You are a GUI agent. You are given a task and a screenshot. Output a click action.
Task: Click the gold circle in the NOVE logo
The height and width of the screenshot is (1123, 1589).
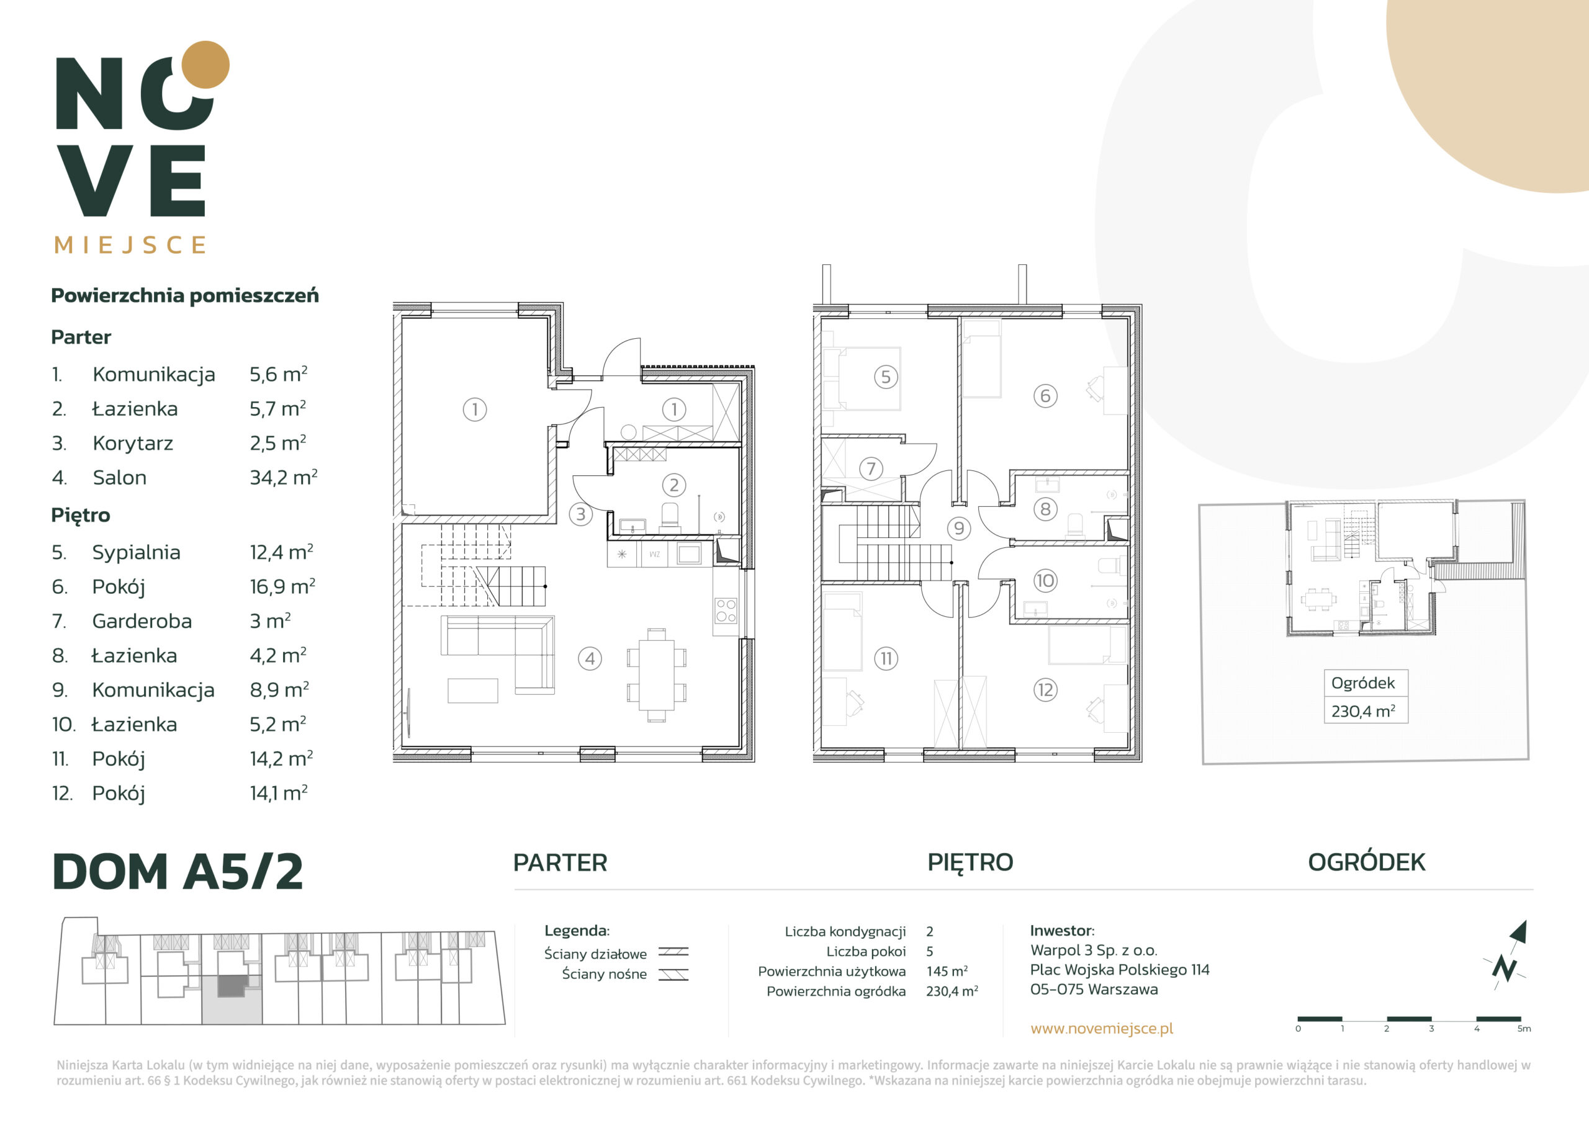(x=205, y=65)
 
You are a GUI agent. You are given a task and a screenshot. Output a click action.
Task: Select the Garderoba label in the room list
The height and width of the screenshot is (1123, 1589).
(x=142, y=620)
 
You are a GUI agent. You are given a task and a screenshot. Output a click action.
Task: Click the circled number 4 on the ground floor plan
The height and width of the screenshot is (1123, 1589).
(x=590, y=658)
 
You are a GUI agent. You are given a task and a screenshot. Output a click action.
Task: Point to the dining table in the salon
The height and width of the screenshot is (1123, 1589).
(x=657, y=674)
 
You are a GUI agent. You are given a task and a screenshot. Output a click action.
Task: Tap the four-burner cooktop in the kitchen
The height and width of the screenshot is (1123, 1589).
(x=726, y=611)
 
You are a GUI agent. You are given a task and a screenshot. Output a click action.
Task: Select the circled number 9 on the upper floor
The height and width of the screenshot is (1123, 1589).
(x=958, y=529)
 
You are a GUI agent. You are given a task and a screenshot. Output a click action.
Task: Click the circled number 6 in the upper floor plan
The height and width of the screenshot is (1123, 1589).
(x=1045, y=396)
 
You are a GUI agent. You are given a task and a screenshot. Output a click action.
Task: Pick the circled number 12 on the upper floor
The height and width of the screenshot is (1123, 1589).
(x=1045, y=689)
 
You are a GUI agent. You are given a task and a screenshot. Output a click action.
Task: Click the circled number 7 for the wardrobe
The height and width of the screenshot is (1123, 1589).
(x=871, y=468)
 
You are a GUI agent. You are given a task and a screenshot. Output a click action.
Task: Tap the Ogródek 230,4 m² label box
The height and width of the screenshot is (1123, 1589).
(x=1366, y=696)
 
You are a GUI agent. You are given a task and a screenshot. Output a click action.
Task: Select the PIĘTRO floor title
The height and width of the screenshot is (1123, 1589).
(x=970, y=863)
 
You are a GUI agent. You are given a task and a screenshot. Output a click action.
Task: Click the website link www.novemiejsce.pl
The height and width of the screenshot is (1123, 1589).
(x=1102, y=1028)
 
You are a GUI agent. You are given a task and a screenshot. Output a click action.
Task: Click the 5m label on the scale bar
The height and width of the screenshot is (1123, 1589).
(x=1524, y=1029)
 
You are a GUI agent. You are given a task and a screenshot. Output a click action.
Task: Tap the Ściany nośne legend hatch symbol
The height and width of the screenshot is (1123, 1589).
(x=673, y=974)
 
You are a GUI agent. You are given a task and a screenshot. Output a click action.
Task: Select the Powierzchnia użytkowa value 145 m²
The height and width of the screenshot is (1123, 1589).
(x=947, y=971)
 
